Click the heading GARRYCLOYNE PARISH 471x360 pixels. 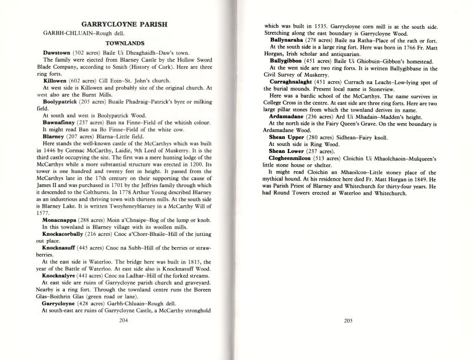(125, 25)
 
